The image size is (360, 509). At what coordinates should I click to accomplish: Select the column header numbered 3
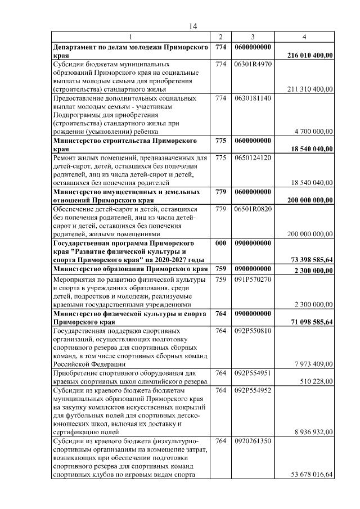(253, 37)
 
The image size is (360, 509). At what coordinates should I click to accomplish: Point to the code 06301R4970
(253, 65)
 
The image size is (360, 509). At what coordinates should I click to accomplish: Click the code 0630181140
(253, 98)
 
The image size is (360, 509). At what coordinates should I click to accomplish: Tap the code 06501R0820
(253, 209)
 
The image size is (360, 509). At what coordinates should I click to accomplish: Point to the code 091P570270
(253, 278)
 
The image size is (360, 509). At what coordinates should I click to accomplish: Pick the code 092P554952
(253, 390)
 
